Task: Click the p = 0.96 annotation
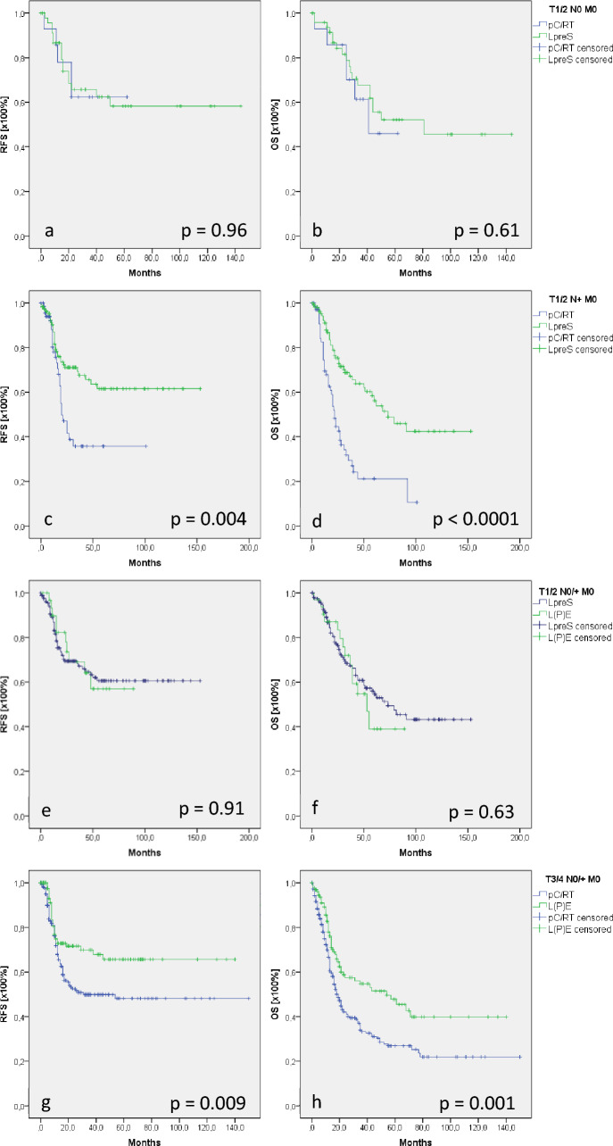[x=214, y=231]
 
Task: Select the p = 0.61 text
[x=486, y=231]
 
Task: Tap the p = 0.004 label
[x=209, y=519]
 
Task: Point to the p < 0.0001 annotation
[x=476, y=519]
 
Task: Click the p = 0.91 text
[x=211, y=809]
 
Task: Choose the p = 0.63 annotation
[x=482, y=812]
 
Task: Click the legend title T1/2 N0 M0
[x=573, y=10]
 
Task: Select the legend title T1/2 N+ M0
[x=573, y=299]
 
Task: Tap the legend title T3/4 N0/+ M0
[x=573, y=879]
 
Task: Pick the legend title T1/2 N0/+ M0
[x=567, y=592]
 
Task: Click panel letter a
[x=49, y=231]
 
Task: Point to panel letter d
[x=317, y=520]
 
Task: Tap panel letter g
[x=46, y=1102]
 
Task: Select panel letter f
[x=315, y=808]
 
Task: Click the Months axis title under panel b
[x=415, y=273]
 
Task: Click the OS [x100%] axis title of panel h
[x=275, y=993]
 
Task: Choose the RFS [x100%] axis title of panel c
[x=4, y=414]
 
